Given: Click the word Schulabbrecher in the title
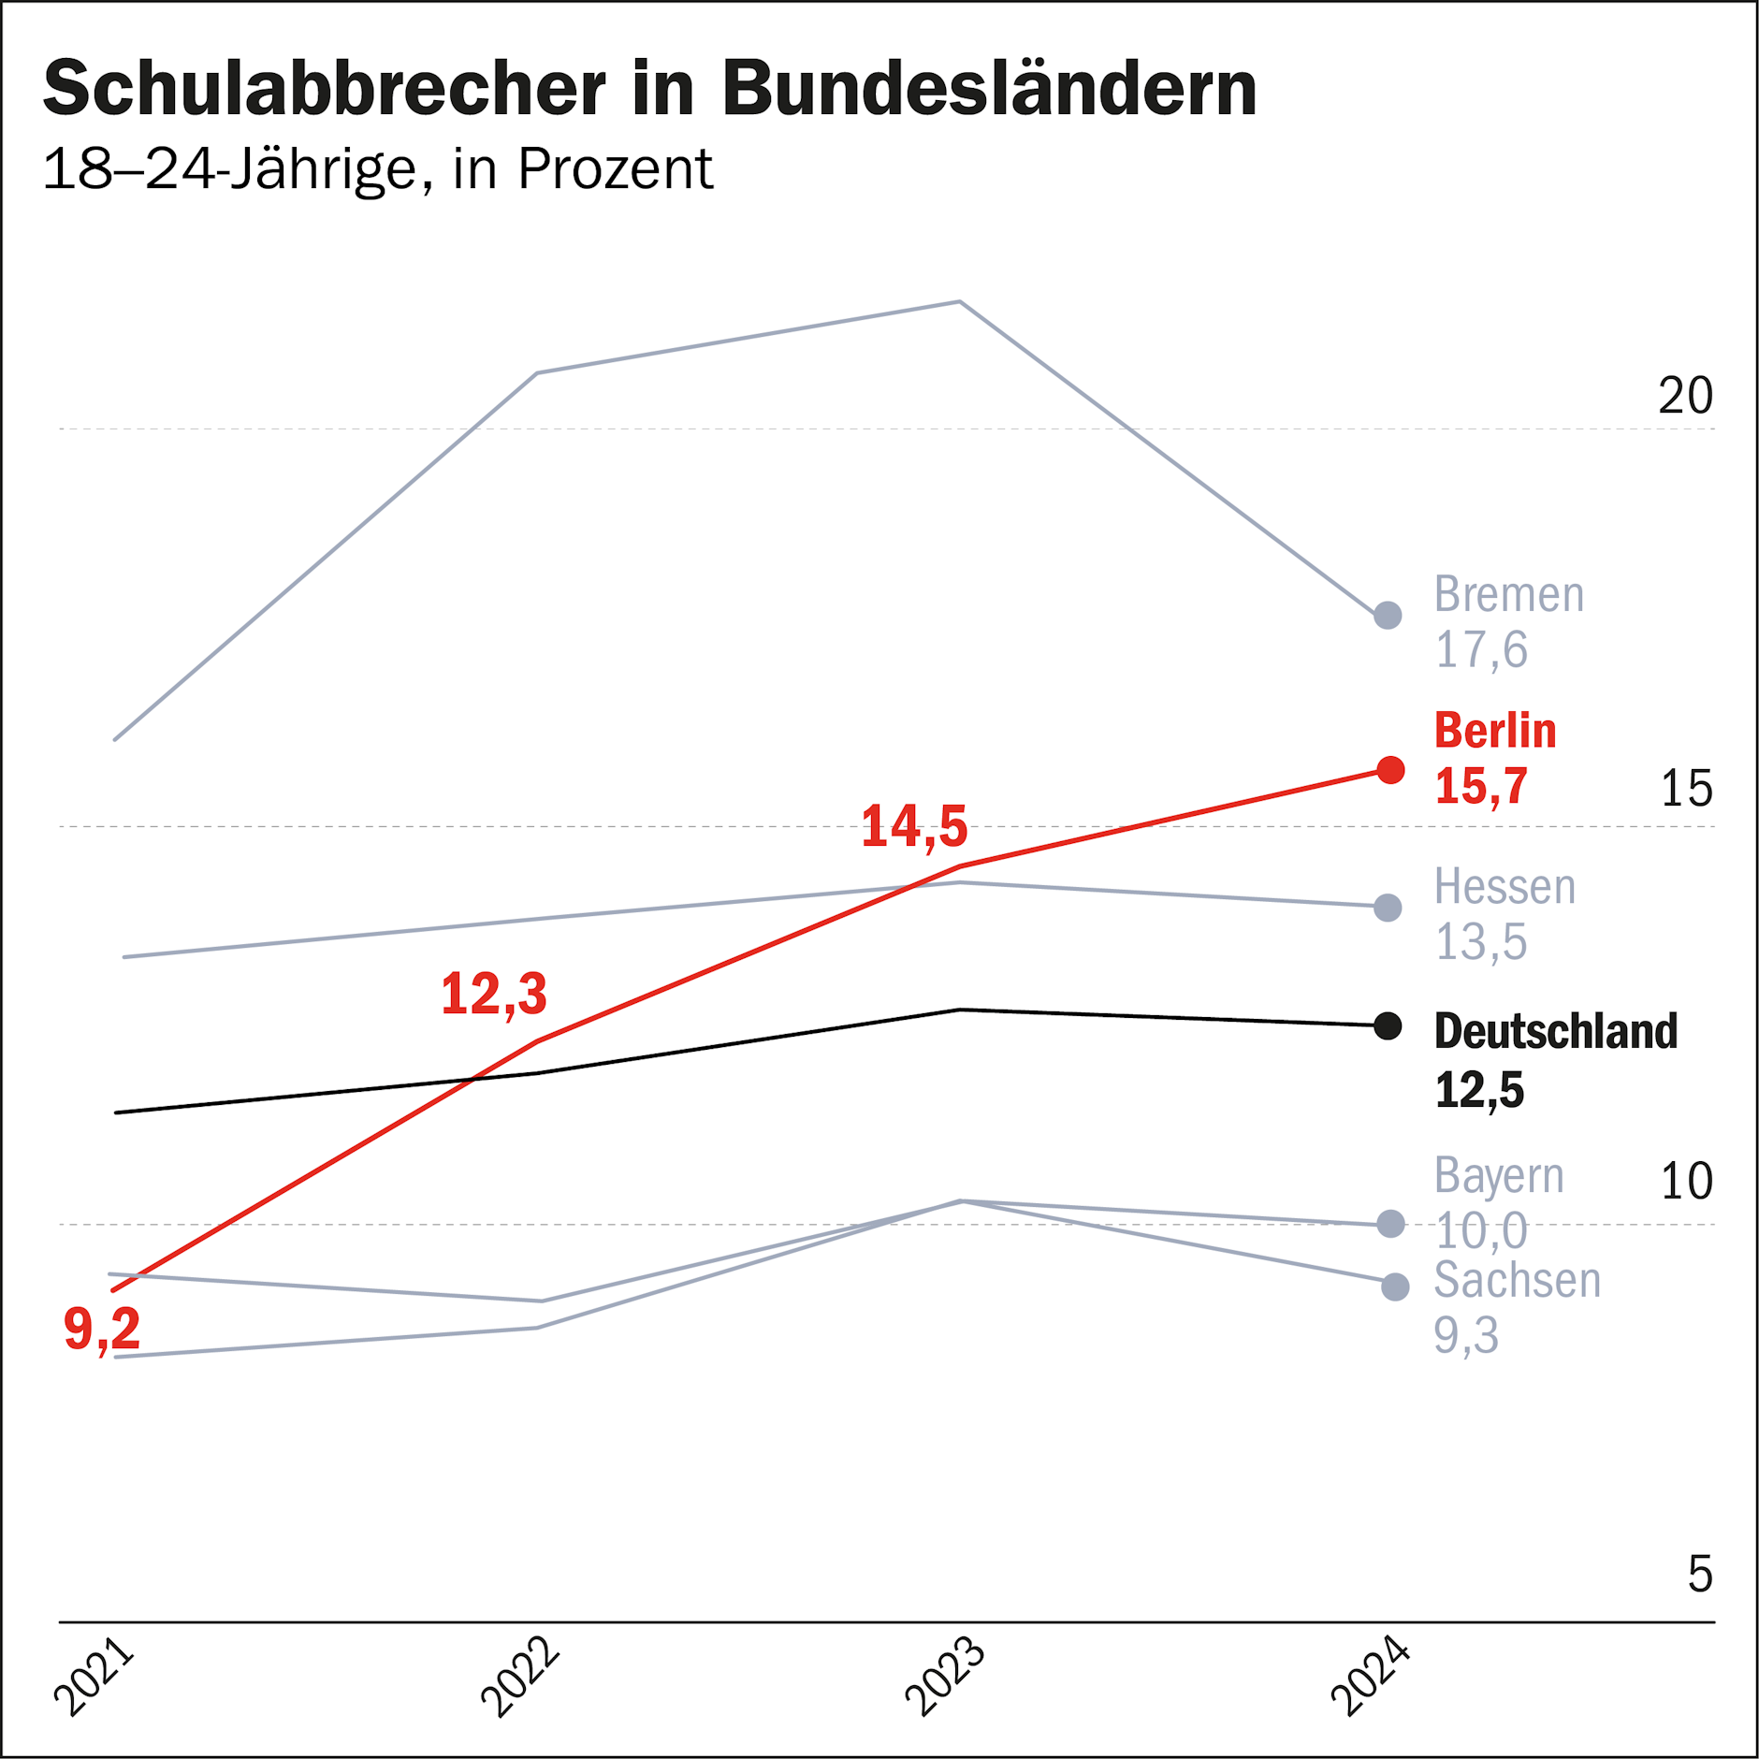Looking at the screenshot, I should coord(324,89).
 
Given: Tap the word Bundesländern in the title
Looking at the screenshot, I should coord(989,89).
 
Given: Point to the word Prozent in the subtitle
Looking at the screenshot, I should coord(615,169).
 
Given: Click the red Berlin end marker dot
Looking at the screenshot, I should coord(1390,770).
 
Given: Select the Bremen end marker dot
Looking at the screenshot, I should coord(1388,615).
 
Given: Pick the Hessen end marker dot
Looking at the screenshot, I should coord(1388,908).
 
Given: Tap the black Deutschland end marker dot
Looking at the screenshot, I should coord(1388,1026).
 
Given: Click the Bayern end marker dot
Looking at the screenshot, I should coord(1391,1224).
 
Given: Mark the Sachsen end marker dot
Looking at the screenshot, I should coord(1395,1287).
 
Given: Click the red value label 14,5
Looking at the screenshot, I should coord(914,827).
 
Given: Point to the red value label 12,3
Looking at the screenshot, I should coord(493,994).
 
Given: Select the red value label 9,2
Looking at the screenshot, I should coord(102,1329).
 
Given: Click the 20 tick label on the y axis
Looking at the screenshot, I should coord(1685,396).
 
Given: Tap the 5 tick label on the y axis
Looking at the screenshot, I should coord(1699,1575).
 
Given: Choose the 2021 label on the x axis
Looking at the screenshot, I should coord(94,1676).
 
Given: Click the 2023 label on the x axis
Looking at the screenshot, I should coord(945,1676).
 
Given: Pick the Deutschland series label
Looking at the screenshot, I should coord(1555,1031).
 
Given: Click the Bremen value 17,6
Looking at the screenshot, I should coord(1481,650).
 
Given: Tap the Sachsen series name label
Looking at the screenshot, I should coord(1517,1280).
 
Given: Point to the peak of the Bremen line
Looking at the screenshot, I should coord(960,302).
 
